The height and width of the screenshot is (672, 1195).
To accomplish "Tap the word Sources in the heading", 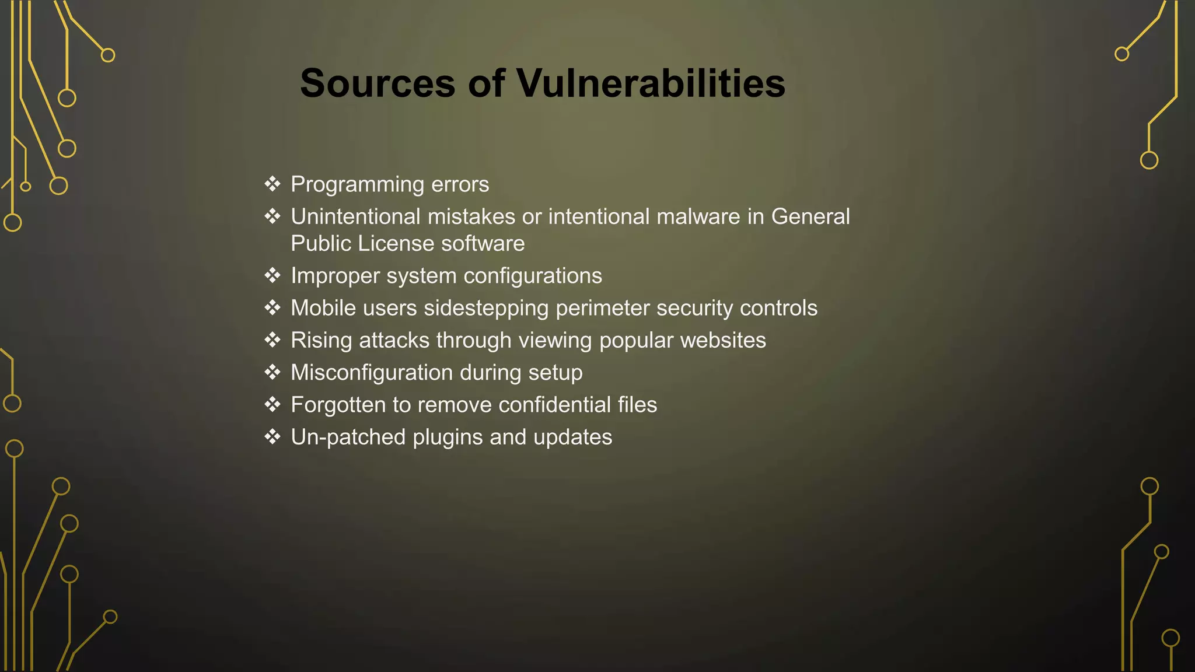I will coord(377,83).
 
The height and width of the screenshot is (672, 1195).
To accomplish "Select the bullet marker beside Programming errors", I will coord(272,184).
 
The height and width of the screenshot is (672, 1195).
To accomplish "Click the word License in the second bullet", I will coord(396,244).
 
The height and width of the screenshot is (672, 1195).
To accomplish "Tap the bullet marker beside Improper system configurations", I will coord(272,275).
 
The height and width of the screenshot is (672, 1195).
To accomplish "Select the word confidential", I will coord(554,405).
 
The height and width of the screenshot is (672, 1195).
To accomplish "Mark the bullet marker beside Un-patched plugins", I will coord(272,437).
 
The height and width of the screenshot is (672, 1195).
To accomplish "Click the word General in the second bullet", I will coord(810,217).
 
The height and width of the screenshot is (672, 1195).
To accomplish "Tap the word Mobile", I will coord(323,308).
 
